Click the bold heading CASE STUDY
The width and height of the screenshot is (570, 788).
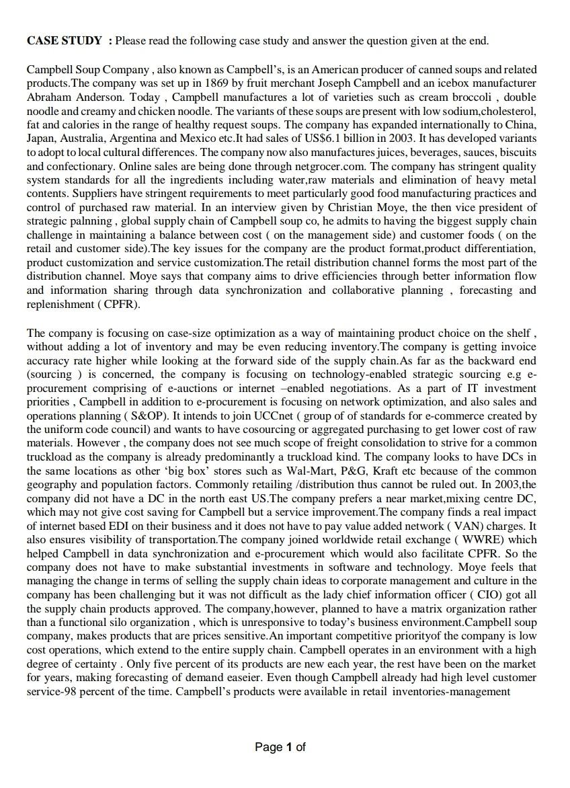[65, 41]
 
